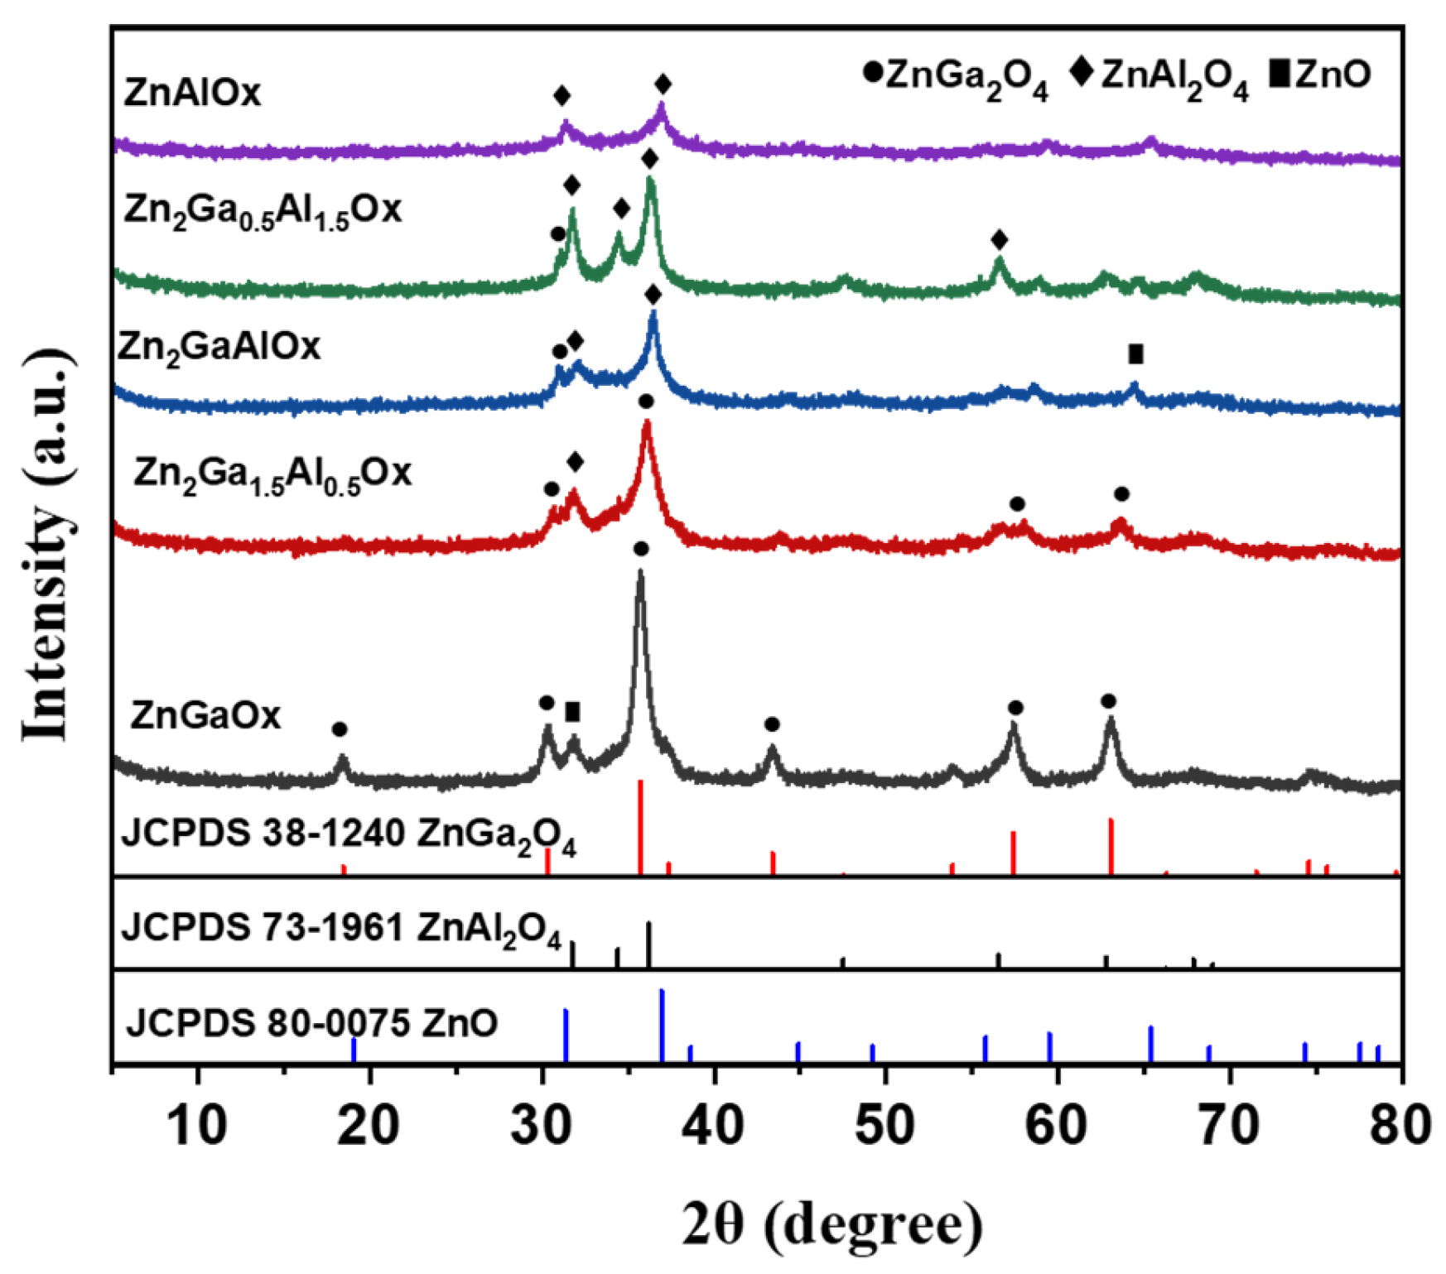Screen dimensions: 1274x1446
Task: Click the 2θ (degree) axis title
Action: (832, 1224)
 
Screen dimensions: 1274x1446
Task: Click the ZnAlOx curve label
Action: (192, 92)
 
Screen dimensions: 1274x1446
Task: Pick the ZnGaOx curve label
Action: (205, 714)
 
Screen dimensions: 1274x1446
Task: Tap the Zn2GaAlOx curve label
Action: (219, 346)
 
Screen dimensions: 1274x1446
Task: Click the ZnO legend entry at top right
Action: (1320, 75)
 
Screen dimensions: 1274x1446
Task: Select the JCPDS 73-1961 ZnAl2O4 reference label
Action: (341, 929)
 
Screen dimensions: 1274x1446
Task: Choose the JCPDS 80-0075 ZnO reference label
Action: (312, 1023)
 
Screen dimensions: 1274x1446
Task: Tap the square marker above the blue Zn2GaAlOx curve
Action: (1135, 354)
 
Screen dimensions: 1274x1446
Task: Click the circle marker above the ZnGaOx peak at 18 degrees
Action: (340, 729)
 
